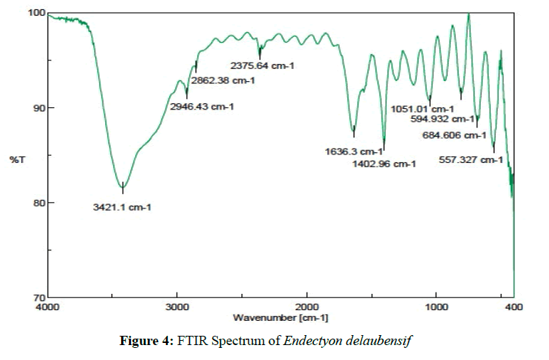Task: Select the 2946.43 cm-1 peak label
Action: [202, 107]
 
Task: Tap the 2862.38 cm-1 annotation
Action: [223, 80]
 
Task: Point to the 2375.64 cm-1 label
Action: [261, 66]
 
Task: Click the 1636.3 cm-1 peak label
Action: [353, 152]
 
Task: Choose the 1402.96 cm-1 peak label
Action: [384, 164]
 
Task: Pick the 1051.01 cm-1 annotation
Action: [423, 110]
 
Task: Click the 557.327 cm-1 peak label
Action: [471, 160]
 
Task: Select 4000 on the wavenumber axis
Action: [48, 307]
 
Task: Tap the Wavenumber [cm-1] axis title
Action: [280, 317]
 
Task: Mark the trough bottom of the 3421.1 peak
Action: [123, 186]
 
